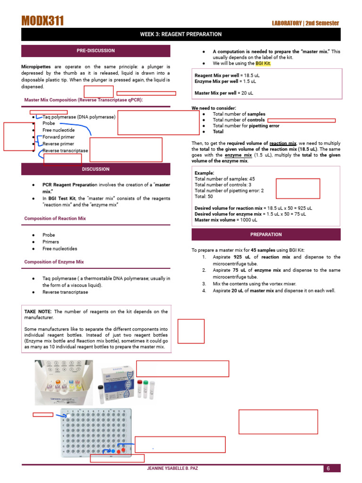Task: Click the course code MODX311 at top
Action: coord(42,20)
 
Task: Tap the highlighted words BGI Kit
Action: coord(263,63)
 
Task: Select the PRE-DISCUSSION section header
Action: coord(96,50)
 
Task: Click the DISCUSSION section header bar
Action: coord(96,169)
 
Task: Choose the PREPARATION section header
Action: coord(266,234)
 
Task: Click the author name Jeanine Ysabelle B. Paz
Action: coord(181,468)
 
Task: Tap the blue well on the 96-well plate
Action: coord(114,451)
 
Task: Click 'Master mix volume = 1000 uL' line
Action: coord(226,220)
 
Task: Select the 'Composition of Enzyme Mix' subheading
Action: coord(54,262)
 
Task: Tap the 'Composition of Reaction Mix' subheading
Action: coord(55,218)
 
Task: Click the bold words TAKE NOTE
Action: coord(38,311)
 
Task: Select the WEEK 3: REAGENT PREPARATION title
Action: coord(181,34)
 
